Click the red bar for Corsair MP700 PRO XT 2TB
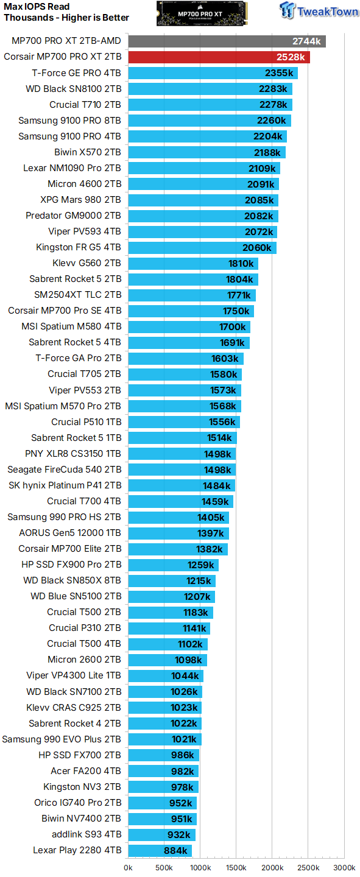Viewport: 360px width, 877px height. point(219,57)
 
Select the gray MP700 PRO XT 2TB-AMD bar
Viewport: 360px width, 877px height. point(227,41)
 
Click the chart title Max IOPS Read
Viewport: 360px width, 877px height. point(37,7)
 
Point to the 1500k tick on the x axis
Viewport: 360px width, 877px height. point(236,867)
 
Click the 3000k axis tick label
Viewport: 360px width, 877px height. point(344,867)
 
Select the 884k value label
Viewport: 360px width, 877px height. point(176,850)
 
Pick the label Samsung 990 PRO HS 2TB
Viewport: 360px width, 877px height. point(64,517)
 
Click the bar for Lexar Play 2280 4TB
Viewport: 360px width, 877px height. point(160,850)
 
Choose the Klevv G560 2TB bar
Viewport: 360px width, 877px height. point(193,264)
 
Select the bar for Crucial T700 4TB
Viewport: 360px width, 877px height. point(180,501)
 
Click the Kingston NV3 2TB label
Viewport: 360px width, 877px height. point(82,787)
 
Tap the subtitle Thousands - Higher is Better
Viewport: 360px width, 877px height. point(66,18)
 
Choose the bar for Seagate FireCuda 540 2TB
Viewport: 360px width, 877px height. point(182,470)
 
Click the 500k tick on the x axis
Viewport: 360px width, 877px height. point(164,867)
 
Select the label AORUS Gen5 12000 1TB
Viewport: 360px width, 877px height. point(70,533)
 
